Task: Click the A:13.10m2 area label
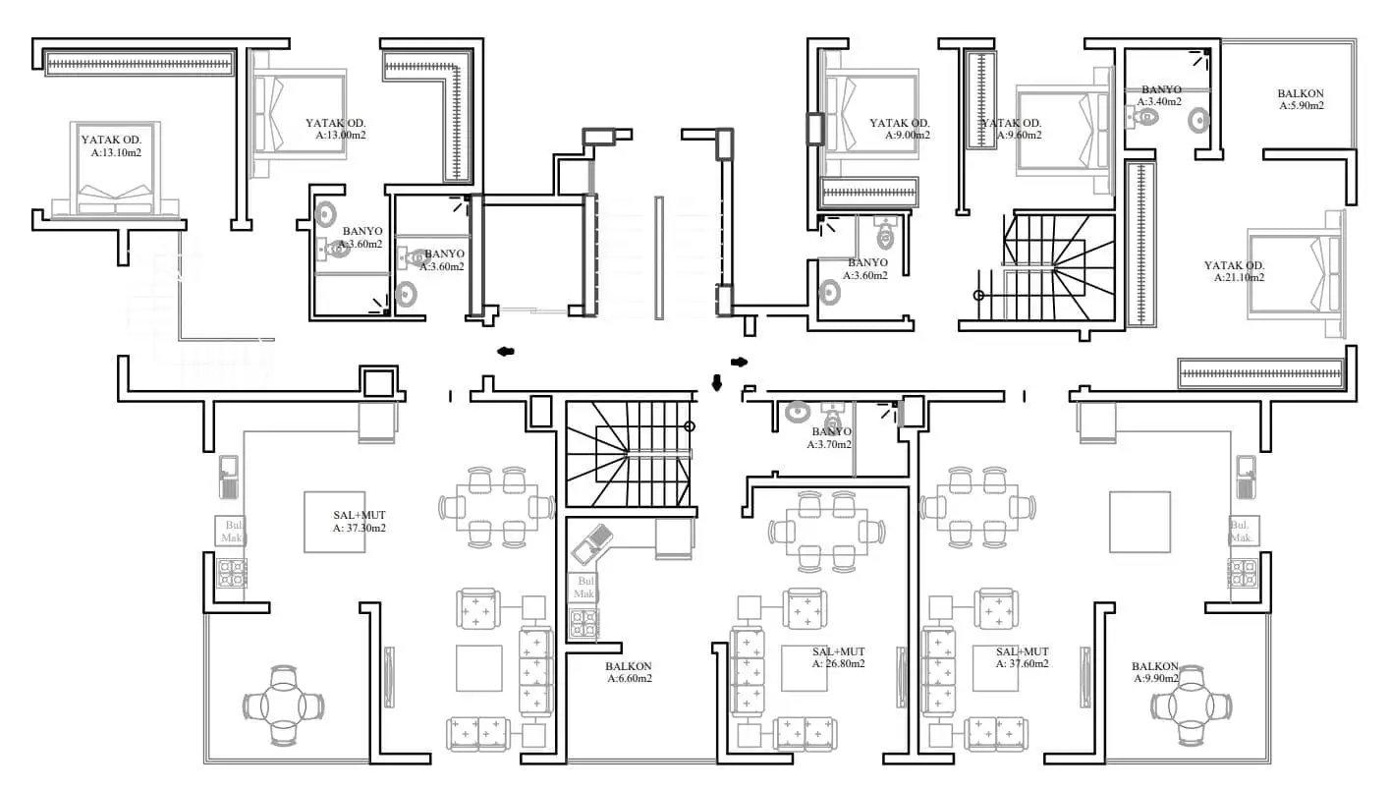116,152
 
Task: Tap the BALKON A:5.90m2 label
1301,99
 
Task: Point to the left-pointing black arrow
506,351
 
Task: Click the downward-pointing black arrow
716,382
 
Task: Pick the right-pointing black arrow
739,362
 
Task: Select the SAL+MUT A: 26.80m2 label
838,657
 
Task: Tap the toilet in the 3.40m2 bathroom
1145,117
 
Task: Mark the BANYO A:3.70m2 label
831,438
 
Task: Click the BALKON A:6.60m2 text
629,672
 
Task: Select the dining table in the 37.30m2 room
496,507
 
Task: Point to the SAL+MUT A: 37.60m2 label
1022,657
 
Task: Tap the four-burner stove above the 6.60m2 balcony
583,625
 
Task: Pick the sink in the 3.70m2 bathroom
797,413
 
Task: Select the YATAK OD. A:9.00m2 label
899,129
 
